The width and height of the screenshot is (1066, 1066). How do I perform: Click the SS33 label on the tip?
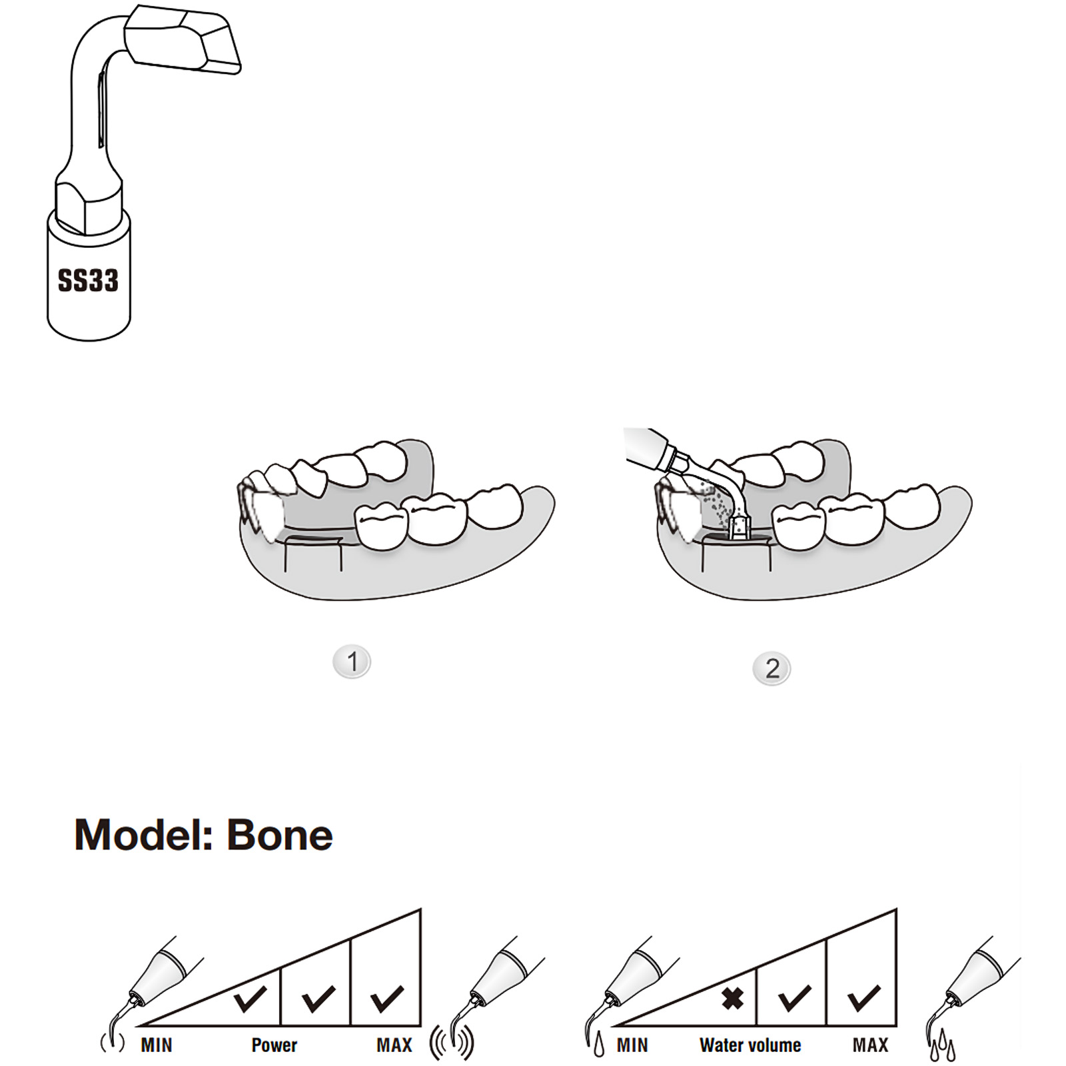[88, 280]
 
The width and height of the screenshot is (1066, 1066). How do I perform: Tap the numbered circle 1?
[352, 662]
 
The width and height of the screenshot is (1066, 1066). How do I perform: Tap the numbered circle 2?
[772, 668]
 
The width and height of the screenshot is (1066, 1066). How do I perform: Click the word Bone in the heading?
[280, 835]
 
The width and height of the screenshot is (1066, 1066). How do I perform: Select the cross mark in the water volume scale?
[733, 998]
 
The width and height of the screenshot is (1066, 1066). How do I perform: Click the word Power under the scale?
[274, 1045]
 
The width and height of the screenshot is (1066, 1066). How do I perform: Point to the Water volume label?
[750, 1045]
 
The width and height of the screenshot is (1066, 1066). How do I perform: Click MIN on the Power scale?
[157, 1045]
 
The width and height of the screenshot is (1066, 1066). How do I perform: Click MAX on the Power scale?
[394, 1045]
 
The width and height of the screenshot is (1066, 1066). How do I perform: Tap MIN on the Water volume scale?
[632, 1045]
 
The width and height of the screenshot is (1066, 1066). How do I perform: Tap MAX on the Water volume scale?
[870, 1045]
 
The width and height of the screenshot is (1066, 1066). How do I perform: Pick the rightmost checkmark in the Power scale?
[387, 998]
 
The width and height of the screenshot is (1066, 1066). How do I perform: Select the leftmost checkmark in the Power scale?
[251, 998]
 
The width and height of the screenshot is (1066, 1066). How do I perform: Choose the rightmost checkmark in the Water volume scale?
[863, 998]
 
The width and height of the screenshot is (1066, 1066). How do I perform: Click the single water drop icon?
[599, 1044]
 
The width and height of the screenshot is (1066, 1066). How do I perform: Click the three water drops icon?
[942, 1046]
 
